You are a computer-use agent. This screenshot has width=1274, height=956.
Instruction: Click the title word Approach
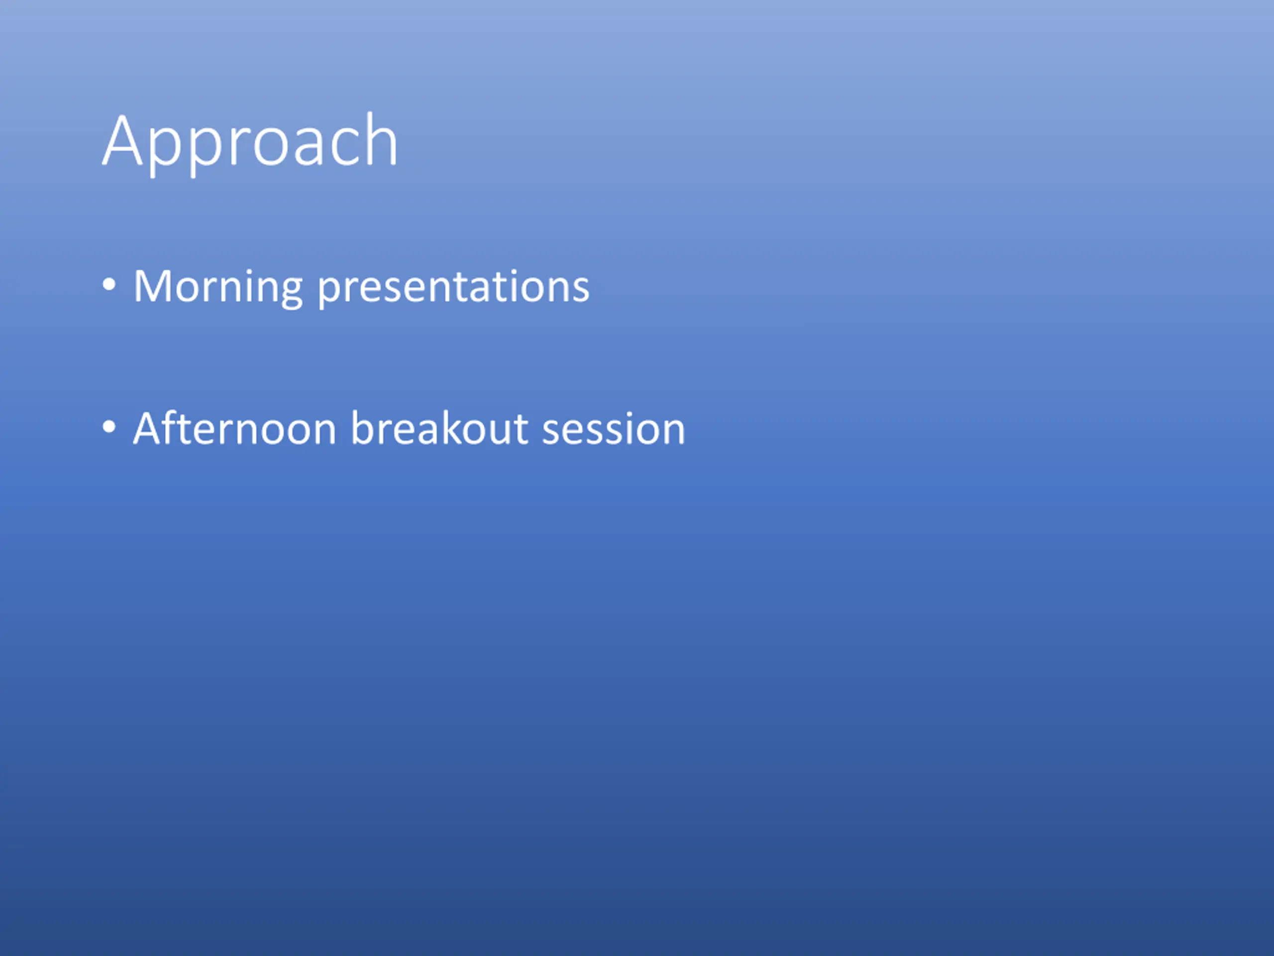point(250,143)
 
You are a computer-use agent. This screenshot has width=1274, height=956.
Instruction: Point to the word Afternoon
point(235,429)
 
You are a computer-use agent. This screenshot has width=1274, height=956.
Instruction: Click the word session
point(614,429)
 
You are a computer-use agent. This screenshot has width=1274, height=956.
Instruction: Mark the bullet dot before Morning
point(109,284)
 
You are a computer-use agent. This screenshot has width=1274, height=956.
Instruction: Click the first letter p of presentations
point(330,293)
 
